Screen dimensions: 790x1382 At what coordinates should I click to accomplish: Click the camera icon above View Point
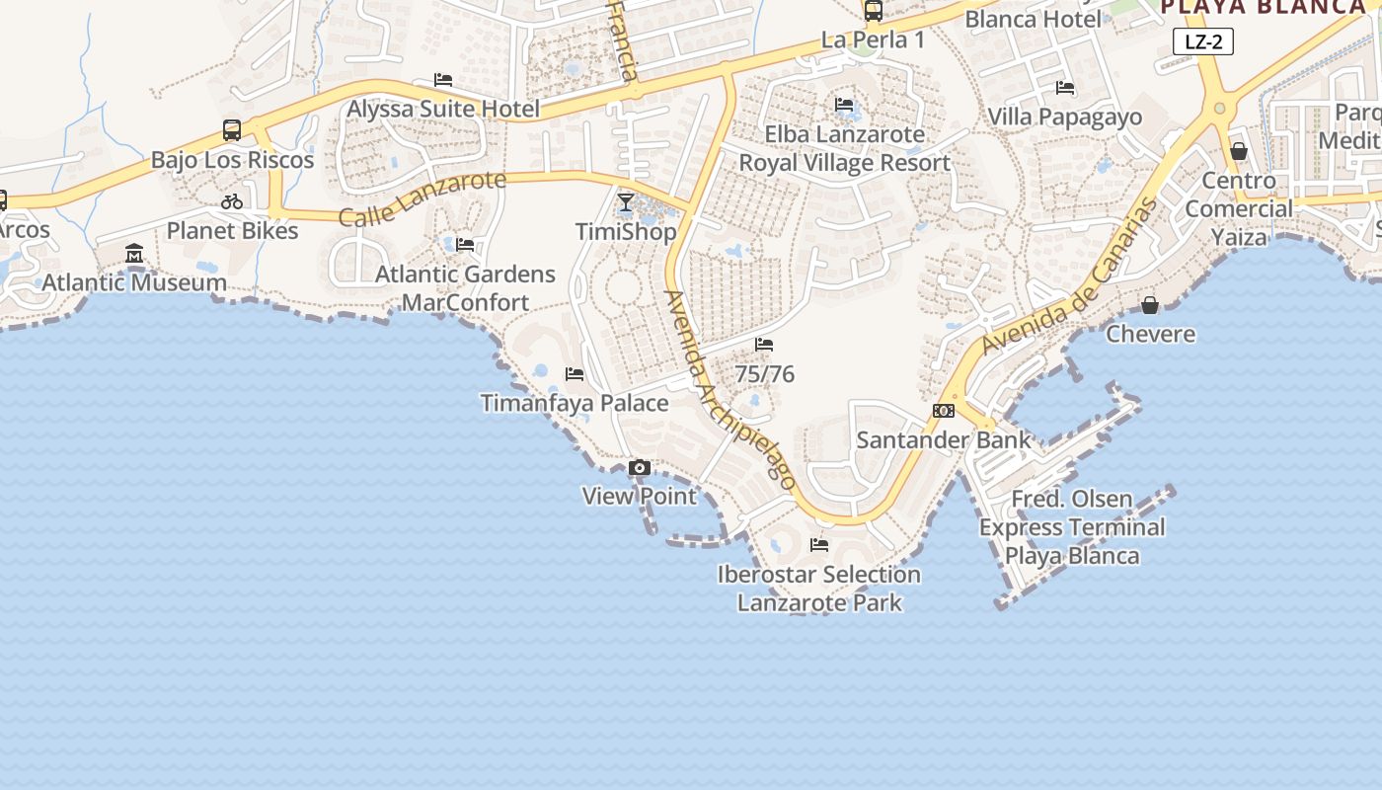[x=640, y=468]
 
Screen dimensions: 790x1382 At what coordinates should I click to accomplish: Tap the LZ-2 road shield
[x=1203, y=41]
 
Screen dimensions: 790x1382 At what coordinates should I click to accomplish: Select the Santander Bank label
[x=943, y=440]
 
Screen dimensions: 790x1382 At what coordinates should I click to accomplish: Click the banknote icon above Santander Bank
[x=943, y=411]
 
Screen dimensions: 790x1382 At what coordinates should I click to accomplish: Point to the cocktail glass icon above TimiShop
[x=626, y=202]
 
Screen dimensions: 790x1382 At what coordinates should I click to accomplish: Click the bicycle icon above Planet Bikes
[x=232, y=201]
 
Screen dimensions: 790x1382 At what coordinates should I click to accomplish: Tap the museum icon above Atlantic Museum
[x=134, y=255]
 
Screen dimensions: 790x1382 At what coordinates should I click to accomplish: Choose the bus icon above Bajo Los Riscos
[x=232, y=130]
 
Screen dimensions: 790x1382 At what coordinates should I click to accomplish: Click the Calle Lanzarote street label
[x=422, y=197]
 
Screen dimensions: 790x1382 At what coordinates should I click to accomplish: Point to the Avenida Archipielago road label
[x=730, y=390]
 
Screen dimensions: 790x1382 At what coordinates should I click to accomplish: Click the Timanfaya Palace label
[x=574, y=403]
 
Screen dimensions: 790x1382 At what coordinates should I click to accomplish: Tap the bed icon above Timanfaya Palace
[x=575, y=374]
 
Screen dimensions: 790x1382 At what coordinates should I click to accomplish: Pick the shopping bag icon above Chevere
[x=1150, y=305]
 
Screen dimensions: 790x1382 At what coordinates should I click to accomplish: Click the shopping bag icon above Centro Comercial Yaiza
[x=1239, y=151]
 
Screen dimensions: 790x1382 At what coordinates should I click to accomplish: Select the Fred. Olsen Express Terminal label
[x=1072, y=527]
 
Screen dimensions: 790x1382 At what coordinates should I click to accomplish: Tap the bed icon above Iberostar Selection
[x=819, y=544]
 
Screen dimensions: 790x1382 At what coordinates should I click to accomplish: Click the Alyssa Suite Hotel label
[x=443, y=109]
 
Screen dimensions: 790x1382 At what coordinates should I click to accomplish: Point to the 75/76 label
[x=764, y=374]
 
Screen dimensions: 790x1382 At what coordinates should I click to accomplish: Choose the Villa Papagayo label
[x=1064, y=117]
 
